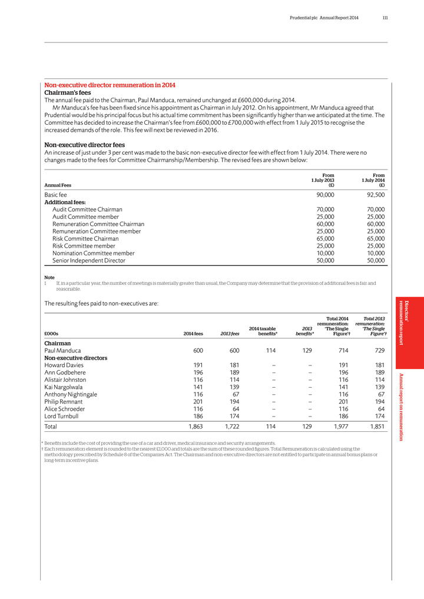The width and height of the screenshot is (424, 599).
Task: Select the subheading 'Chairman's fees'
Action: pos(68,93)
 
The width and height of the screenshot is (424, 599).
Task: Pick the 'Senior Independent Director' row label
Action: pos(89,260)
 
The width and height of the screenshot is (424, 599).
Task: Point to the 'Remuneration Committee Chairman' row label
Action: pos(98,224)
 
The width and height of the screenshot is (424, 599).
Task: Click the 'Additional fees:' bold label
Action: pos(65,202)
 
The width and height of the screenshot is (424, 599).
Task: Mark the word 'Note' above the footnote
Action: pos(49,277)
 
